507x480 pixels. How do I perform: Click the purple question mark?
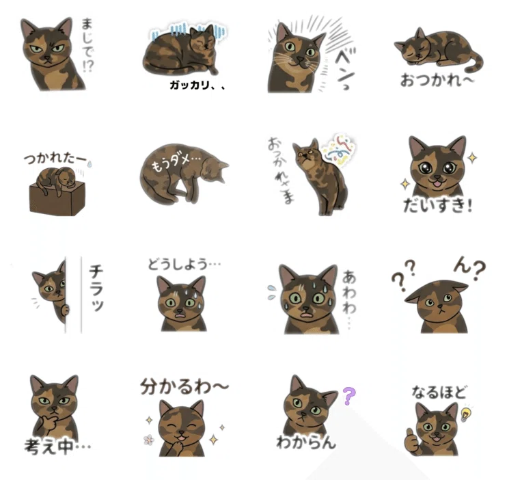click(349, 396)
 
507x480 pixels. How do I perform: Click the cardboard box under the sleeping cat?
click(57, 199)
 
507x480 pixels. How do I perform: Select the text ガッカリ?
click(189, 85)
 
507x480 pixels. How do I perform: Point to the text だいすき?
click(438, 205)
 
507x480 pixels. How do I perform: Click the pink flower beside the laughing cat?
click(149, 440)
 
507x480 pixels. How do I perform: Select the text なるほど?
click(439, 392)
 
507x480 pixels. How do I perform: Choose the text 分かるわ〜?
click(184, 386)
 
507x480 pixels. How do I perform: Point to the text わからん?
click(306, 442)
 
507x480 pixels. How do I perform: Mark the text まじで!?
click(87, 45)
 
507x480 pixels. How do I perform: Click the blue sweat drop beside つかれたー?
click(90, 164)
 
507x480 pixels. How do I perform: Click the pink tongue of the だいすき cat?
click(438, 185)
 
